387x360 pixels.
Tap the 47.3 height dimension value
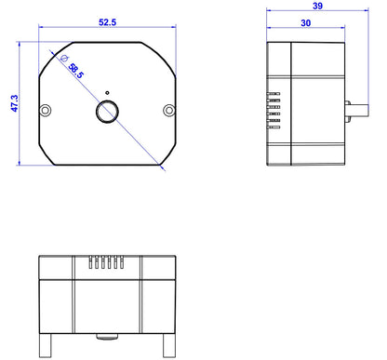coord(15,103)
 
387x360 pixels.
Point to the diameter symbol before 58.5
coord(64,59)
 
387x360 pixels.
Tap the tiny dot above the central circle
coord(108,94)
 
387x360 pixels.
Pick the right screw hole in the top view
coord(168,111)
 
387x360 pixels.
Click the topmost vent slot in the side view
coord(274,93)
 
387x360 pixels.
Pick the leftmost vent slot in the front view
coord(90,263)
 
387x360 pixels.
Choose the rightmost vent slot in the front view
coord(123,263)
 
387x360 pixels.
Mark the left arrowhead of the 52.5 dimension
coord(43,29)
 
